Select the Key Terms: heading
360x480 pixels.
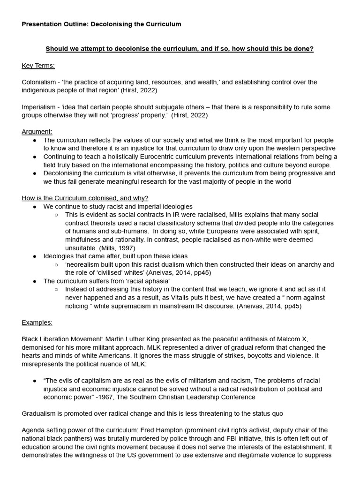[x=38, y=65]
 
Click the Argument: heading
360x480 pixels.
[x=37, y=132]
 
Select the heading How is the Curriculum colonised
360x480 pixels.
[x=85, y=198]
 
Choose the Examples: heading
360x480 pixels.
[x=37, y=322]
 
